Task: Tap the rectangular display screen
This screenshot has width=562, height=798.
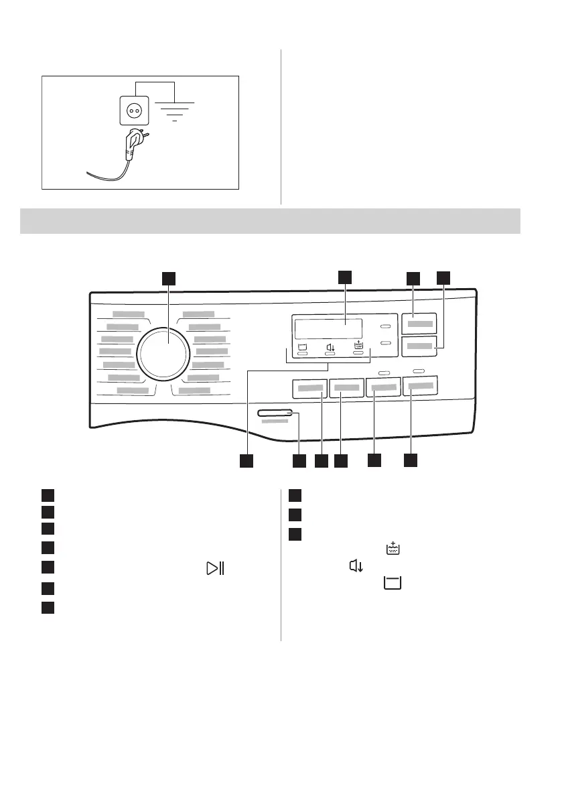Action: tap(328, 329)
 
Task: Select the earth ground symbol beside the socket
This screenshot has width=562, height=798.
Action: tap(174, 111)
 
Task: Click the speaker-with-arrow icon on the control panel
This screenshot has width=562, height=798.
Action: tap(330, 347)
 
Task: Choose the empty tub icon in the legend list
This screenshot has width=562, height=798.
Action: tap(391, 584)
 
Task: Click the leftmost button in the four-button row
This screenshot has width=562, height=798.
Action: tap(310, 388)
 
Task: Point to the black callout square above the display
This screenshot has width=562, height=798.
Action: tap(344, 277)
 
